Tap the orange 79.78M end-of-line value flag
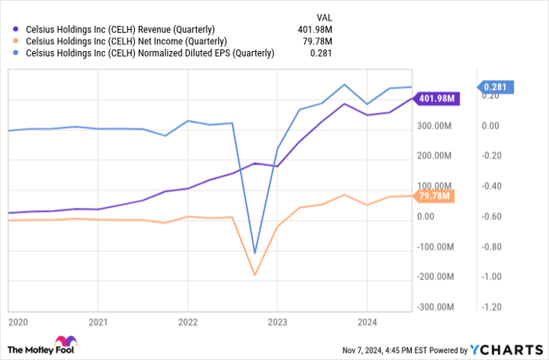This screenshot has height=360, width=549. pos(434,196)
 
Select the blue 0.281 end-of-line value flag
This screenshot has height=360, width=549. pos(497,87)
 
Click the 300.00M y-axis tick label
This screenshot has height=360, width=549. pos(434,125)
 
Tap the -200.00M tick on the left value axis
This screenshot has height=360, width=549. pos(433,277)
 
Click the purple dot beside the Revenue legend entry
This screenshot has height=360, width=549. pos(14,30)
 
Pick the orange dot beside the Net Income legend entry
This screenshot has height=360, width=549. pos(14,42)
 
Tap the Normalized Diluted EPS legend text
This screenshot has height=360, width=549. pos(149,53)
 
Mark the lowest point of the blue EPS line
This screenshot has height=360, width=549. pos(254,253)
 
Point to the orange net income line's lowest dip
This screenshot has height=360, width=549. pos(254,275)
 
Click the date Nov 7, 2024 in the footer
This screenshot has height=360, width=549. pos(365,350)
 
